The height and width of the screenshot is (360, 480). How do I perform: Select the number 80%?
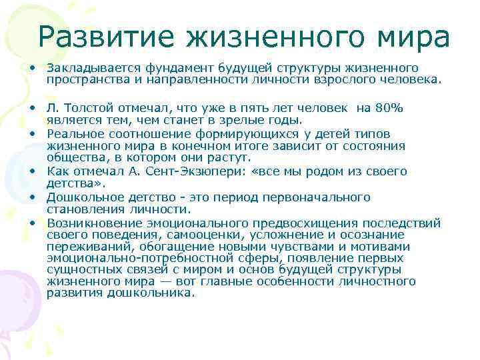point(389,108)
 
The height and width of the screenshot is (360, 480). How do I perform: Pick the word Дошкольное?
point(81,197)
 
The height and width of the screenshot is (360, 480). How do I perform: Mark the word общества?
point(73,158)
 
